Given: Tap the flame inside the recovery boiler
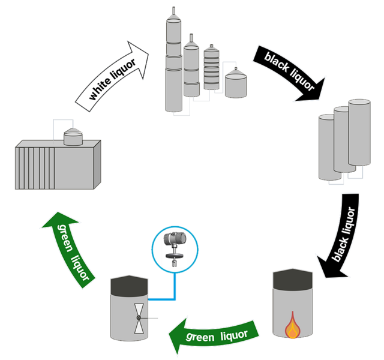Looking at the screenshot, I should pos(292,326).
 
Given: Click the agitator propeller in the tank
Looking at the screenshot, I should pos(139,317).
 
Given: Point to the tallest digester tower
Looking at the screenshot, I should pos(173,63).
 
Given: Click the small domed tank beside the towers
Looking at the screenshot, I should pos(235,82).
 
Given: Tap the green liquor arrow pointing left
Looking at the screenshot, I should pos(213,336).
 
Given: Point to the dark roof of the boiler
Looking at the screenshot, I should pos(292,279).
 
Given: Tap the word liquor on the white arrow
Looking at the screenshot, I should pos(125,71).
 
